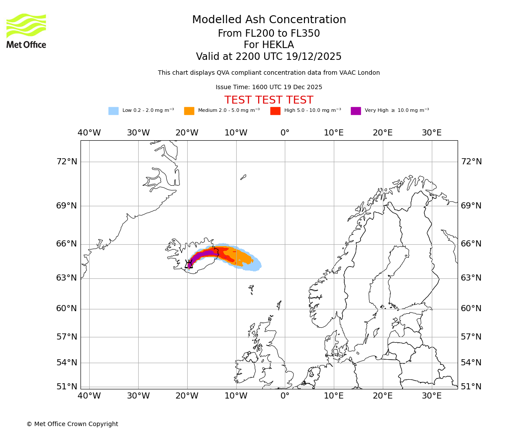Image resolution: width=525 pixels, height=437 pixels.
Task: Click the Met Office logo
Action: (26, 31)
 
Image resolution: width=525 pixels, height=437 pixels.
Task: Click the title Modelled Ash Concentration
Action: (269, 20)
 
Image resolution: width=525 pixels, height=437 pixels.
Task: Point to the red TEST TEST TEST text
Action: (269, 100)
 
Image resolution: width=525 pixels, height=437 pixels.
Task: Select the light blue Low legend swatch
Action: (113, 111)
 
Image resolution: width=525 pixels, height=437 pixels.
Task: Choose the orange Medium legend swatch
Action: (189, 111)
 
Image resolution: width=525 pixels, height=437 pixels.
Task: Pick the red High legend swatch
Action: (275, 111)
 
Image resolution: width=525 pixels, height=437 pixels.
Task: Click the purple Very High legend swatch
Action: (356, 111)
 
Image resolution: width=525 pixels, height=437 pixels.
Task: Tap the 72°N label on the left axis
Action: (66, 162)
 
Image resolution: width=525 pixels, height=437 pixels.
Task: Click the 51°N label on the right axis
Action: (471, 387)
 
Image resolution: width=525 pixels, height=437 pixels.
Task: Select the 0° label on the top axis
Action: (285, 133)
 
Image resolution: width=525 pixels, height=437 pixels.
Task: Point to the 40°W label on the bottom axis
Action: (89, 396)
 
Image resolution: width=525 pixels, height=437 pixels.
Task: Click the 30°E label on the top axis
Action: (431, 133)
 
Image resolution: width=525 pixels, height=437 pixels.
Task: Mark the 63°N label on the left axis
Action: (66, 278)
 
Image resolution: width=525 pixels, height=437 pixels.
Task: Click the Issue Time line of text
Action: (269, 87)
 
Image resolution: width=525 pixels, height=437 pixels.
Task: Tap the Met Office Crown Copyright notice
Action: (72, 424)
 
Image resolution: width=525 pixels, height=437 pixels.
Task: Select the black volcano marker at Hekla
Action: (189, 264)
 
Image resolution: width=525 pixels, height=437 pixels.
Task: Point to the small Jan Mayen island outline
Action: (243, 177)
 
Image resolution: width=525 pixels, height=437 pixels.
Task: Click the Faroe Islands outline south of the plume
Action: (251, 289)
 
